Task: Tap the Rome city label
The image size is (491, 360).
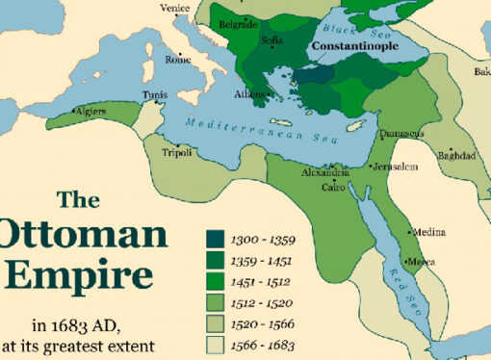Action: click(178, 58)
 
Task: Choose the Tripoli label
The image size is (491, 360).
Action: click(175, 152)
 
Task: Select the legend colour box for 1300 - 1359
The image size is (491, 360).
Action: click(216, 237)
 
